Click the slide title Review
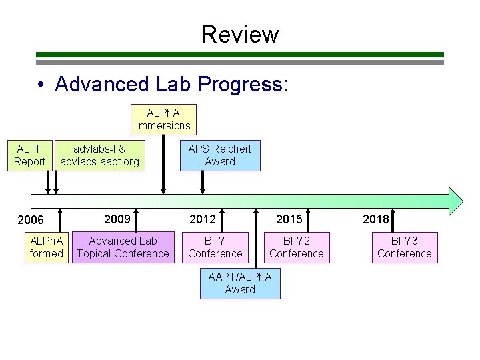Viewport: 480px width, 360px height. (240, 33)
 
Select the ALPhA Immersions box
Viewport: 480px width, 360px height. (163, 119)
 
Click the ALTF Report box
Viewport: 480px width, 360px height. (30, 155)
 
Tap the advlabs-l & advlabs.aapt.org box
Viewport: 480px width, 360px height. (100, 155)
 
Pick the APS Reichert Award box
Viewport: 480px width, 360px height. (220, 155)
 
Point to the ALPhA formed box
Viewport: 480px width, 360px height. (47, 247)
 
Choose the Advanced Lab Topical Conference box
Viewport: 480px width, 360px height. (123, 247)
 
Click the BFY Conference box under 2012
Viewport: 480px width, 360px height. (215, 247)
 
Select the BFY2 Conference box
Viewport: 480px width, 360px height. (297, 247)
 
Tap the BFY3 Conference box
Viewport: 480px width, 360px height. (404, 247)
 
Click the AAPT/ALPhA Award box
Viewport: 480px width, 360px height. (240, 283)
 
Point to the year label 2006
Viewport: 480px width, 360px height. (31, 220)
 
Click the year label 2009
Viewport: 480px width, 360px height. (117, 219)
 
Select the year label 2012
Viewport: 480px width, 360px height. (203, 219)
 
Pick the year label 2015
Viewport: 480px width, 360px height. (289, 219)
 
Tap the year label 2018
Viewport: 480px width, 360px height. (375, 219)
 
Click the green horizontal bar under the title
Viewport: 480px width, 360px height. (239, 55)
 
